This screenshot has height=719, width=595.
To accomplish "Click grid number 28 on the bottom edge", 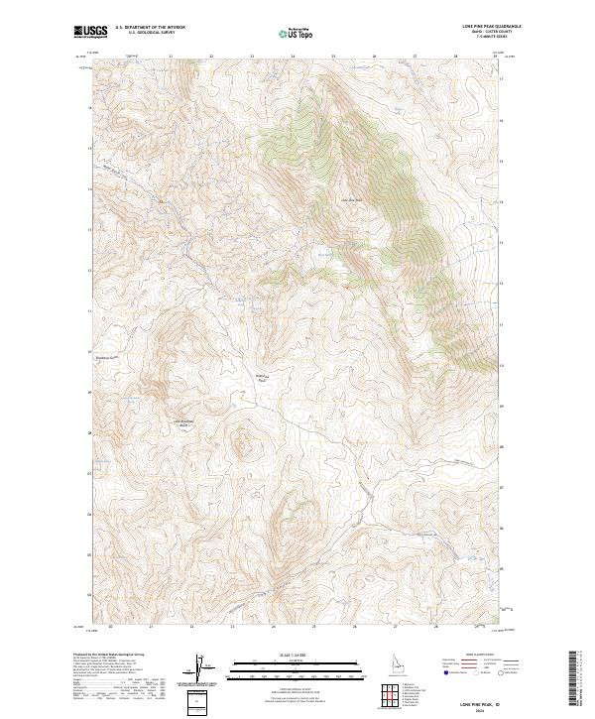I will [x=434, y=628].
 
